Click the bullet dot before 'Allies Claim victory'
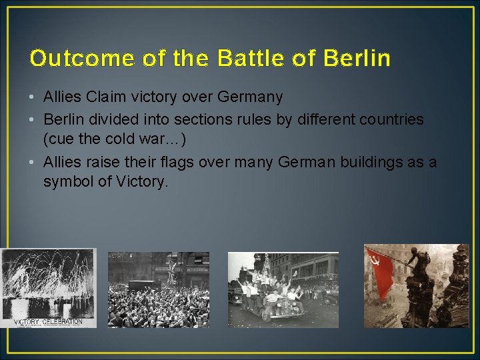tap(33, 98)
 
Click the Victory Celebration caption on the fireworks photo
tap(49, 321)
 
